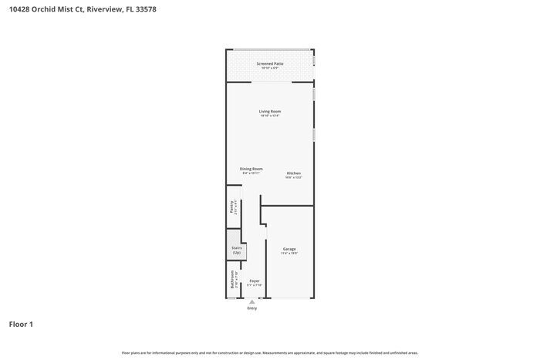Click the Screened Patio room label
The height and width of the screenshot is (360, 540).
[270, 64]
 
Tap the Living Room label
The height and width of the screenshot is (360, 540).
[270, 111]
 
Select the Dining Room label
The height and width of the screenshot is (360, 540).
[251, 168]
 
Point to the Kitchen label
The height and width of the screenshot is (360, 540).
[293, 173]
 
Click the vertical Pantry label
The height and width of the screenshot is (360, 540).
[231, 207]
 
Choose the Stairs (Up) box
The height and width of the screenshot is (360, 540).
[236, 251]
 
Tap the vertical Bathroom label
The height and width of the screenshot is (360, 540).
[231, 280]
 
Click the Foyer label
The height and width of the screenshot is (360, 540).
[254, 281]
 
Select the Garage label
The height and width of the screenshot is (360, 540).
[289, 249]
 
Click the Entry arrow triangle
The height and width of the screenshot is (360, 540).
[252, 302]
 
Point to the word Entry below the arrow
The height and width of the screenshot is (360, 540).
[252, 308]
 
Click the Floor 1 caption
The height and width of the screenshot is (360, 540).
[21, 324]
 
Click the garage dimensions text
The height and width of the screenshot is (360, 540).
[289, 254]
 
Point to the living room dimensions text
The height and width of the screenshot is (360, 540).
[270, 116]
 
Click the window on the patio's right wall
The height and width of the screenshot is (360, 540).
[314, 59]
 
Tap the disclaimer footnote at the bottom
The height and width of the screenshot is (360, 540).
[270, 352]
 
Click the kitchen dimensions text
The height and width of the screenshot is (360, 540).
[293, 177]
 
